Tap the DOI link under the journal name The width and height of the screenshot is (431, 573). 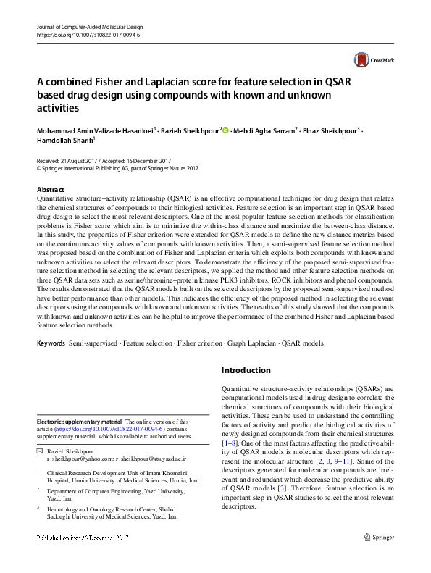coord(88,33)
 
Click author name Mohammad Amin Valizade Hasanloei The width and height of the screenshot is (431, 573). coord(94,131)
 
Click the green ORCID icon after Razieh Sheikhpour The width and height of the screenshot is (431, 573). coord(225,131)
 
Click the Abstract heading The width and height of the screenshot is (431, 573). coord(50,190)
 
